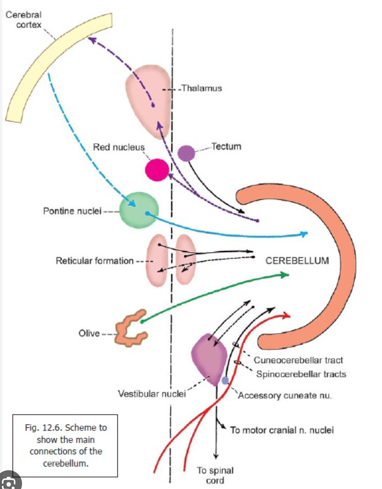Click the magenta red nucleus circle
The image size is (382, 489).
pos(157,170)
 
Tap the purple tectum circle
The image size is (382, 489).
pos(186,153)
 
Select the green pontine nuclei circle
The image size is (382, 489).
pos(139,210)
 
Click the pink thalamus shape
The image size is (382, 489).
pos(146,95)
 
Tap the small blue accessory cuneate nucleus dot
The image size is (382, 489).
pos(225,381)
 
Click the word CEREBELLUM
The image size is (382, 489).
pos(297,261)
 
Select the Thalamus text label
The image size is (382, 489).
pos(202,88)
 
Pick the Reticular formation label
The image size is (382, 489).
pos(94,261)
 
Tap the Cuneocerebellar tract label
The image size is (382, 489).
pos(298,360)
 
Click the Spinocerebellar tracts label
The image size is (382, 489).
pos(301,374)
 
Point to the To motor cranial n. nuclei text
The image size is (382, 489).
pos(282,430)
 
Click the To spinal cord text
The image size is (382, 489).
pos(215,475)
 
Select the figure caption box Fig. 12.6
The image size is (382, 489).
pos(65,445)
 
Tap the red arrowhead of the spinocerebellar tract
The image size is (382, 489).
pos(287,316)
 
